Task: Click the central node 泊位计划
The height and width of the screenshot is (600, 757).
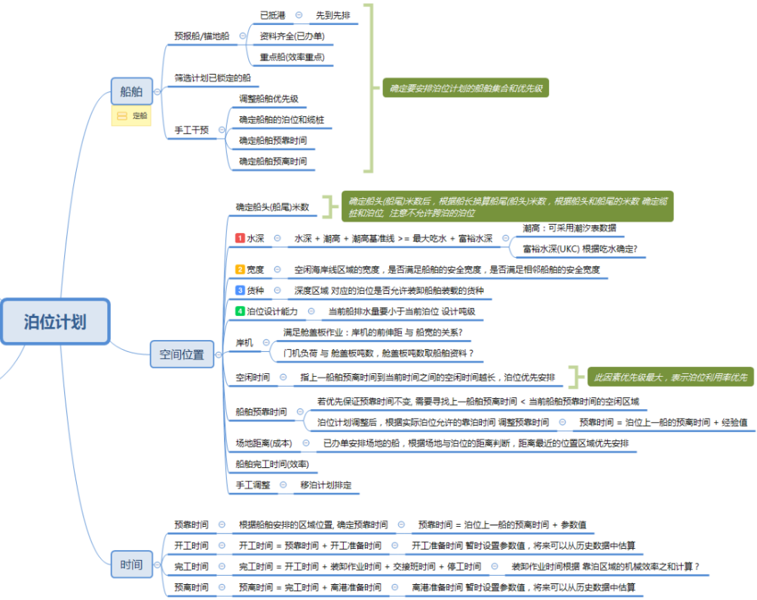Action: [55, 322]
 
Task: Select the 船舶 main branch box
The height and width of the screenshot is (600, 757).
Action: [131, 92]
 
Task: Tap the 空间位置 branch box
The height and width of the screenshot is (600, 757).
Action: [182, 354]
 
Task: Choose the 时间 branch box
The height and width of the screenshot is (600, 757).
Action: [131, 565]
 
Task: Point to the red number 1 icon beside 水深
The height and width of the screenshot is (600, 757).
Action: [241, 238]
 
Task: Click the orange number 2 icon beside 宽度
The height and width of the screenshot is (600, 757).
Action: [241, 269]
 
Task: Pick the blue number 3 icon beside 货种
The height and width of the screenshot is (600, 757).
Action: [241, 290]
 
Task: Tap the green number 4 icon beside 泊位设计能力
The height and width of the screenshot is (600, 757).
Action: [241, 311]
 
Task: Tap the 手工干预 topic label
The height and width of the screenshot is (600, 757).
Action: [192, 130]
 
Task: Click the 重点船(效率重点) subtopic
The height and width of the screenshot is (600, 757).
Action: [292, 57]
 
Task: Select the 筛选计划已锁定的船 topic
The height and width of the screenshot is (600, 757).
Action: [213, 78]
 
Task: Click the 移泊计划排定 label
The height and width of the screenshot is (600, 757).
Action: [326, 485]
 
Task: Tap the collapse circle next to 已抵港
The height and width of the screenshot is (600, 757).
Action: [299, 15]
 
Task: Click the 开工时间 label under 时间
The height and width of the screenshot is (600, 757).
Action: [192, 545]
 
